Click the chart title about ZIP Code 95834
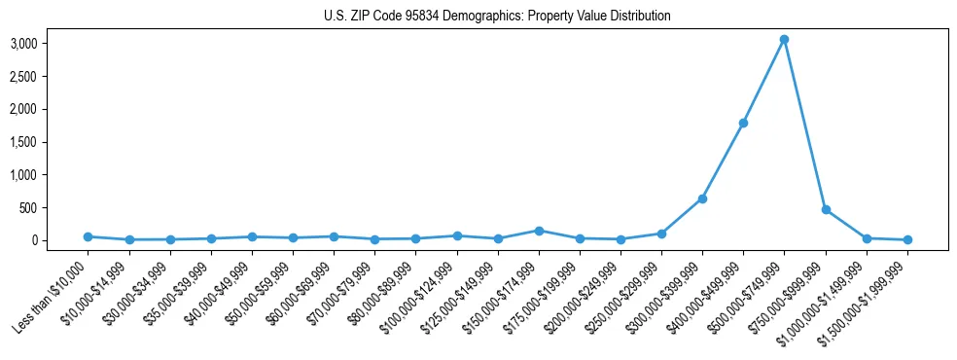(x=497, y=17)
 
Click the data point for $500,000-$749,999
(x=784, y=40)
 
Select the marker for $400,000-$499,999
(x=743, y=123)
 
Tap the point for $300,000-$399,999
(x=702, y=198)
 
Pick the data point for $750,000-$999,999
(x=826, y=209)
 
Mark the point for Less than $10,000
(x=88, y=236)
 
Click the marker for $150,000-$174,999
(x=539, y=231)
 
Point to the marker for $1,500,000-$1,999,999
(x=907, y=239)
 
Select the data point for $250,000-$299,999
(x=661, y=234)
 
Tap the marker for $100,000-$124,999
(x=457, y=235)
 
